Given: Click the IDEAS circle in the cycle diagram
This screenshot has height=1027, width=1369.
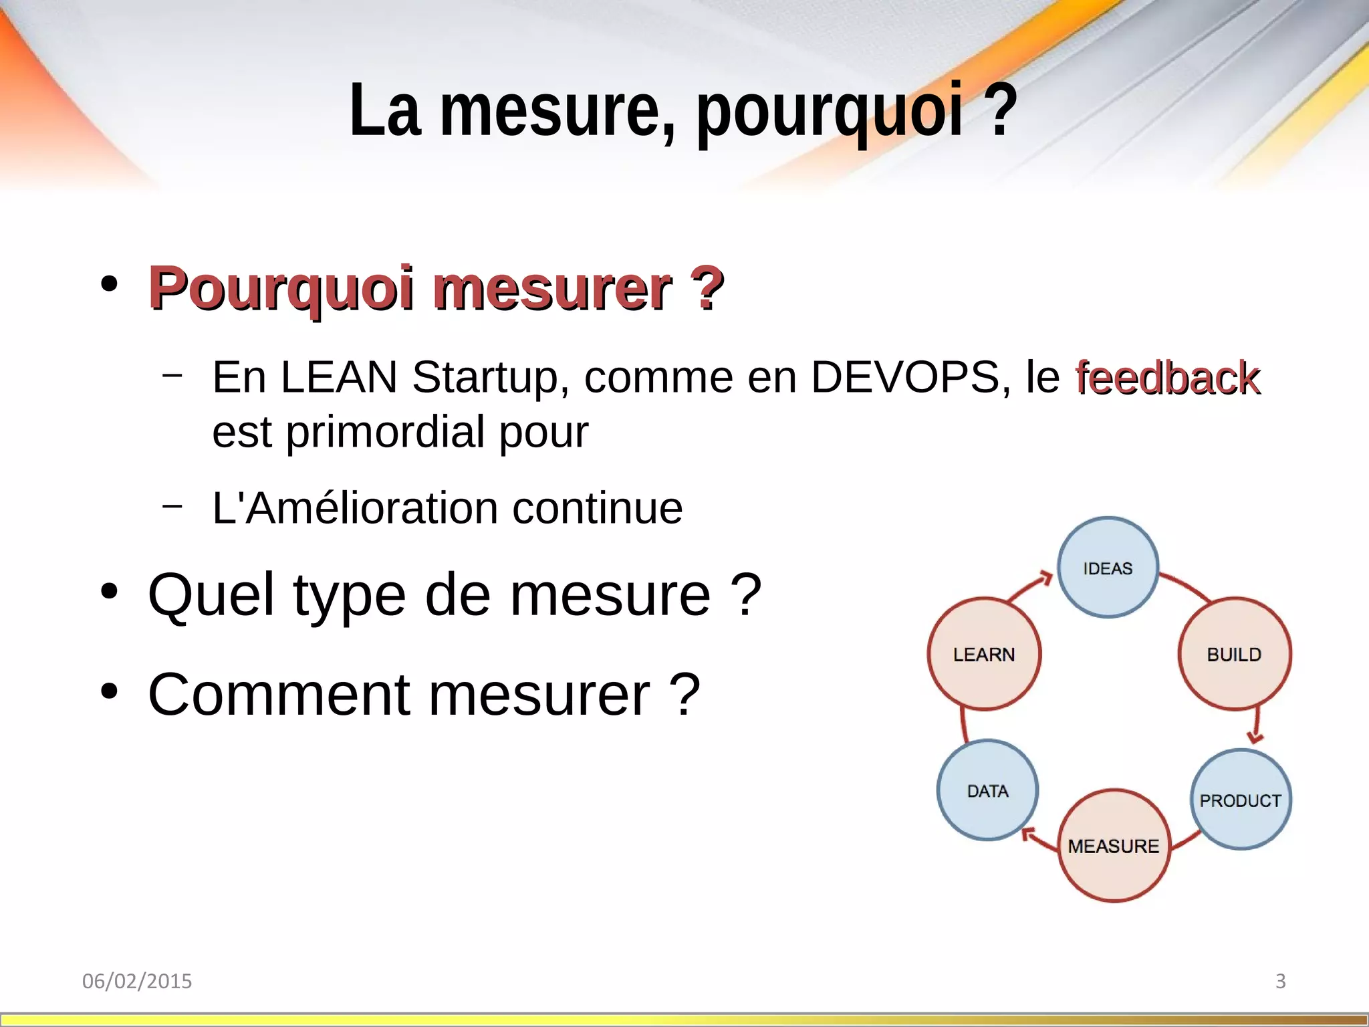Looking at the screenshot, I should click(1108, 568).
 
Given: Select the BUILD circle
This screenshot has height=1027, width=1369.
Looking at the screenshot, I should click(1234, 654).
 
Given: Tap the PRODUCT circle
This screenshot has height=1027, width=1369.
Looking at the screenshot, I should click(1240, 800).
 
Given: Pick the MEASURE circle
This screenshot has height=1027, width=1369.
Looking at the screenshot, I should click(1114, 846).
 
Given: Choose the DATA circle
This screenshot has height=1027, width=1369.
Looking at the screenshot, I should click(987, 791).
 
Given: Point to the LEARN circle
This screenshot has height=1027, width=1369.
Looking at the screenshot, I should click(984, 654).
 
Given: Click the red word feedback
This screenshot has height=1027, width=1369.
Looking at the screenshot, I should click(1167, 378).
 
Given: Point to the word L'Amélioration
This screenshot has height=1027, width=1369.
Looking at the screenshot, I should click(355, 508).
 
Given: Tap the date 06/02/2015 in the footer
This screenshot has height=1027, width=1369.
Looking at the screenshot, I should click(137, 981).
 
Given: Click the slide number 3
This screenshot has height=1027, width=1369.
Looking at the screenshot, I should click(1281, 981).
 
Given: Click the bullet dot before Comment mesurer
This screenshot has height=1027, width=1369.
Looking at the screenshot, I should click(110, 691).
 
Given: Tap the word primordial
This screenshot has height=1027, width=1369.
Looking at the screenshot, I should click(386, 432).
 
